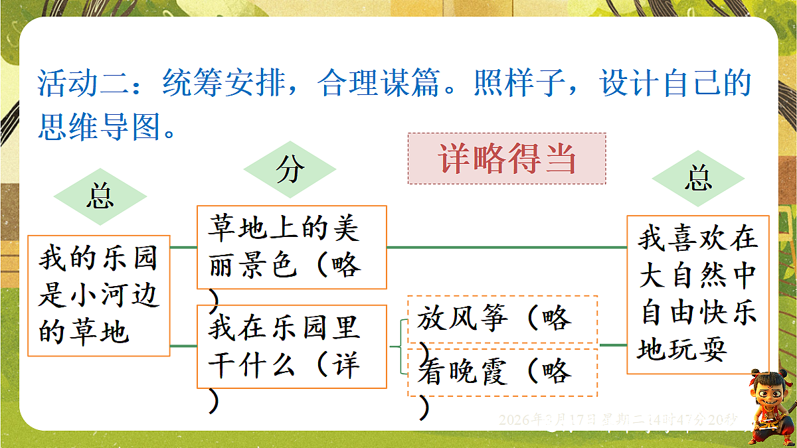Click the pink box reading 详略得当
pos(506,159)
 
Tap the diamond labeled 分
pos(290,171)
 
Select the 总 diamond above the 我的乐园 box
pos(100,196)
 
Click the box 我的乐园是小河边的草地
pos(99,295)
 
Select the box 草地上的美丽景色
pos(292,248)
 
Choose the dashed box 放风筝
pos(502,319)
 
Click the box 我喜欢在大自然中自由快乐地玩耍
pos(698,294)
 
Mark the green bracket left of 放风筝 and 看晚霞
pos(400,346)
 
